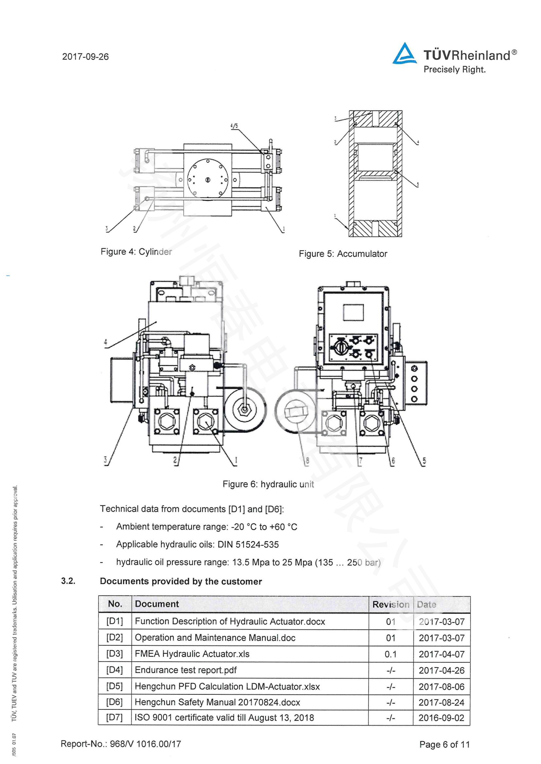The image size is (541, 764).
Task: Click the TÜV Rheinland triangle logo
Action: tap(404, 54)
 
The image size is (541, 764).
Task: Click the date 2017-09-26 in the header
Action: tap(85, 57)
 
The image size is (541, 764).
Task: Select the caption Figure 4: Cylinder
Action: tap(136, 252)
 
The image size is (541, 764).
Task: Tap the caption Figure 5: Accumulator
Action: tap(343, 253)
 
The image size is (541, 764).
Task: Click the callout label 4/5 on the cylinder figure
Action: tap(234, 126)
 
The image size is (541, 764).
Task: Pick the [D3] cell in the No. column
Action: tap(114, 654)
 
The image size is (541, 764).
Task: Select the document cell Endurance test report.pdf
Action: tap(185, 670)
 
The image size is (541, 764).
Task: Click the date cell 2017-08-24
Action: tap(441, 702)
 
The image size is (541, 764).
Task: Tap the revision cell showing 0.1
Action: tap(391, 654)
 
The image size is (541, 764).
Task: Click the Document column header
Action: tap(157, 604)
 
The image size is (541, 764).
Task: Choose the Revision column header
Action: tap(391, 604)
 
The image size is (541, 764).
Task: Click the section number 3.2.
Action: tap(68, 581)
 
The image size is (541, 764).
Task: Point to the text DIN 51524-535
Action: tap(248, 545)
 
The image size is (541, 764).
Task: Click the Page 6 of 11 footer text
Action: tap(445, 744)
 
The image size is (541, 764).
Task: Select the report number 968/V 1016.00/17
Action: tap(146, 744)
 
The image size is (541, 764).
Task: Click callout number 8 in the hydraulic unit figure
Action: tap(307, 461)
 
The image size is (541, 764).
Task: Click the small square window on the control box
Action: tap(353, 313)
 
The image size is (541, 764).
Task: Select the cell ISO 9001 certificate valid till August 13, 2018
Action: tap(224, 717)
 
